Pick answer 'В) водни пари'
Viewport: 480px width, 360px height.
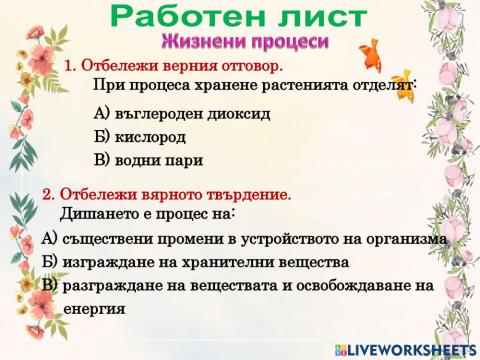click(147, 159)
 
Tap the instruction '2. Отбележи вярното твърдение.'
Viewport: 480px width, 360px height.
click(166, 194)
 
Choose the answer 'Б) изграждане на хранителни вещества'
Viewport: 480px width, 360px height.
click(195, 262)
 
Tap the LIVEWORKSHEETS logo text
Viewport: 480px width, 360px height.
click(409, 349)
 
